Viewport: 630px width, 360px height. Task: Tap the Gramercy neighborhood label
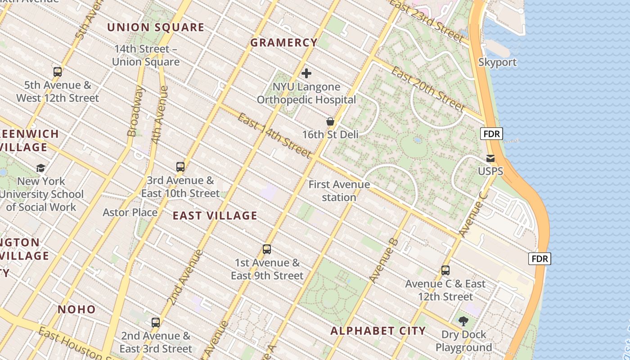tap(284, 43)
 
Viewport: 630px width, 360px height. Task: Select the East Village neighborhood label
tap(215, 216)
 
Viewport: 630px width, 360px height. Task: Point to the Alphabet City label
tap(378, 331)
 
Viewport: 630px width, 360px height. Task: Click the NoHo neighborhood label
tap(76, 309)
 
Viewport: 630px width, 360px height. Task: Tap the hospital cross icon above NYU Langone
tap(306, 73)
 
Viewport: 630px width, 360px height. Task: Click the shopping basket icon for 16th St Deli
tap(330, 121)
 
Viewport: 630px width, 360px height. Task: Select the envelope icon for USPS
tap(490, 158)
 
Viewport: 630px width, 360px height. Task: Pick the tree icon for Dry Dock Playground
tap(463, 321)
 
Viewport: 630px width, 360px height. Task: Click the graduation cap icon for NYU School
tap(41, 168)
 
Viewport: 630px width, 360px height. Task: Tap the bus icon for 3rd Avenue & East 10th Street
tap(180, 167)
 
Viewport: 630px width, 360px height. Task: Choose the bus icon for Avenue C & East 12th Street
tap(445, 270)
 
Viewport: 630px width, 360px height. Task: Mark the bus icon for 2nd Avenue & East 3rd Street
tap(156, 323)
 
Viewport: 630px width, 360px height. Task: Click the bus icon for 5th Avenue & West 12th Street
tap(58, 72)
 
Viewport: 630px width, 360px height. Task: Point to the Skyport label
tap(497, 62)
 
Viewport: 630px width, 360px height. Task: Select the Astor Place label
tap(130, 212)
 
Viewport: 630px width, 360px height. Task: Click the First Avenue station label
tap(339, 191)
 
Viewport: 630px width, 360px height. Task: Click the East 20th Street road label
tap(427, 89)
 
